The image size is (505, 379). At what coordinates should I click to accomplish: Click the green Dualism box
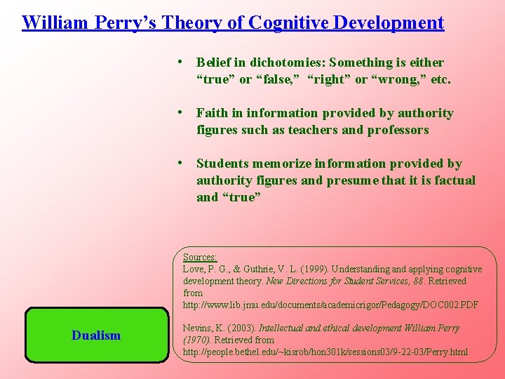tap(96, 335)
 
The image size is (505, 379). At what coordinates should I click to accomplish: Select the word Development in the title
tap(389, 22)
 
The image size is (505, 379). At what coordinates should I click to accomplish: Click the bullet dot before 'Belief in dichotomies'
tap(181, 62)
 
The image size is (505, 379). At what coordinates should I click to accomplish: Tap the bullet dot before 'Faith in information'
tap(181, 113)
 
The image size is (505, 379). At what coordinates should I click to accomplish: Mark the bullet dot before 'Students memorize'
tap(181, 164)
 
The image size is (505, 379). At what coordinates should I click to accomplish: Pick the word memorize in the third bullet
tap(283, 164)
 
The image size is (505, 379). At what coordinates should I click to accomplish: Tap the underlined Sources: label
tap(200, 258)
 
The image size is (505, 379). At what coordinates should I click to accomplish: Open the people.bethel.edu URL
tap(325, 351)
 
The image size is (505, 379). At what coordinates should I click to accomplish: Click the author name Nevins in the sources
tap(197, 328)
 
